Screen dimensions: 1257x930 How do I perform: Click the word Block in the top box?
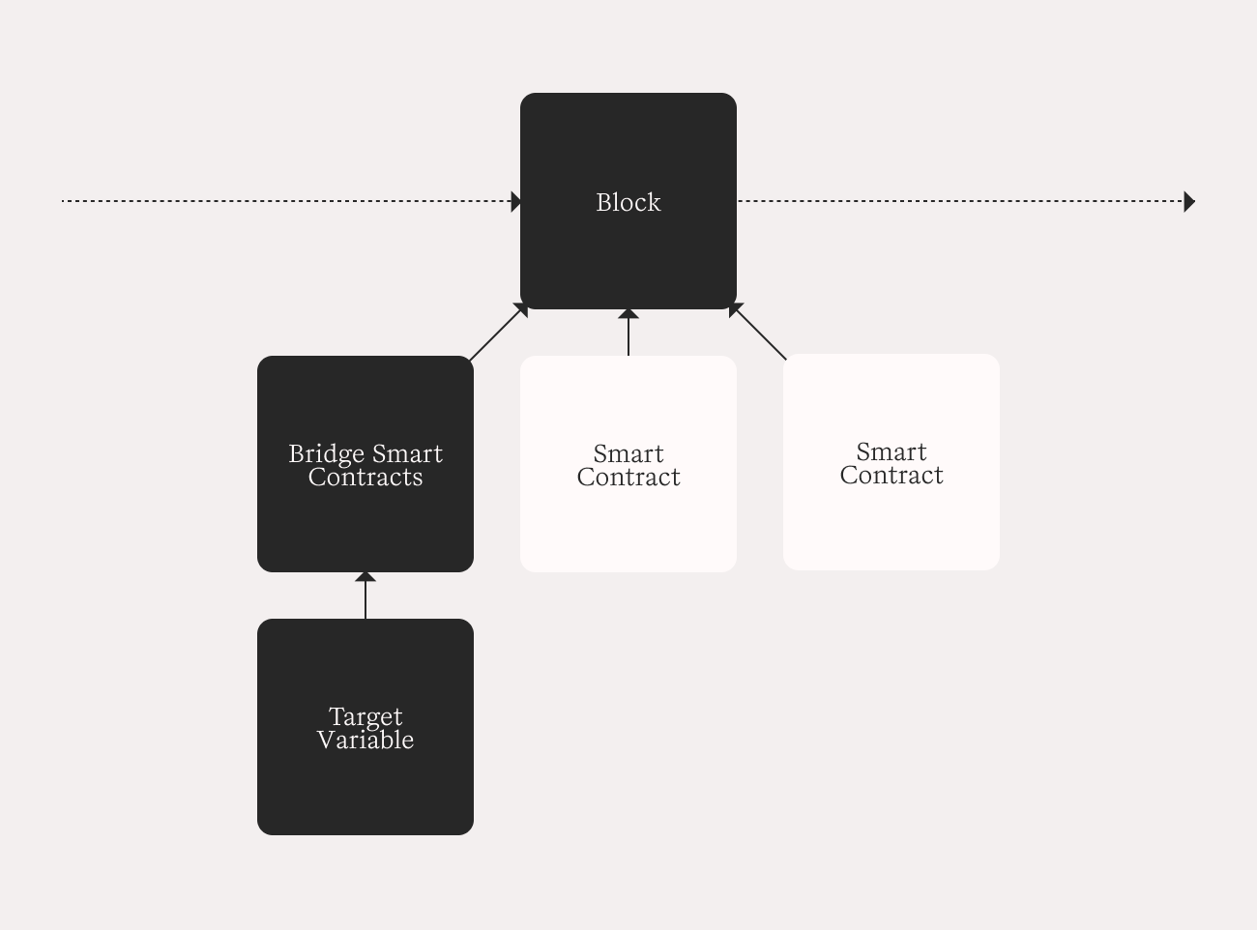tap(628, 202)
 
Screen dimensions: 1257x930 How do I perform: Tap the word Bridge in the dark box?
tap(327, 454)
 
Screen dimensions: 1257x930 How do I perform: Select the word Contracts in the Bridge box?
tap(365, 478)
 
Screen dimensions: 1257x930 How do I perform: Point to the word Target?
tap(365, 717)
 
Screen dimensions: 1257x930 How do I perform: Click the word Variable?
tap(365, 741)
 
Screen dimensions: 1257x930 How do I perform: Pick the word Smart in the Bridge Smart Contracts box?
tap(407, 454)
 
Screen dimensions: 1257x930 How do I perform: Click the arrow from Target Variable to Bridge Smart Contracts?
tap(365, 596)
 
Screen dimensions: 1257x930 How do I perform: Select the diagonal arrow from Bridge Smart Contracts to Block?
tap(499, 332)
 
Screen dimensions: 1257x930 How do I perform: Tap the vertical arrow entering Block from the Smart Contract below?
tap(628, 333)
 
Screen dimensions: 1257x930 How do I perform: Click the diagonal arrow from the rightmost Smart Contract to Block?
tap(758, 332)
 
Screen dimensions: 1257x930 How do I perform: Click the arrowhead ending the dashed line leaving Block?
tap(1189, 202)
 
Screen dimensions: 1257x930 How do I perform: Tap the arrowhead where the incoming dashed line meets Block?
tap(516, 202)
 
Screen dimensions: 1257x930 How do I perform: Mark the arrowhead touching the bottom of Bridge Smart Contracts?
tap(365, 577)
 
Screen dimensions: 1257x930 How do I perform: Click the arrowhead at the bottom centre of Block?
tap(628, 314)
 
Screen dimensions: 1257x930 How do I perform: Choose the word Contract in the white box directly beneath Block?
tap(628, 478)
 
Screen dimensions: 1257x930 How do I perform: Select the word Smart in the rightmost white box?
tap(892, 452)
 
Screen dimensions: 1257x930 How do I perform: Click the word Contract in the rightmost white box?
tap(892, 475)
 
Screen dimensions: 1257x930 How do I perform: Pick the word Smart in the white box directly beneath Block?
tap(628, 454)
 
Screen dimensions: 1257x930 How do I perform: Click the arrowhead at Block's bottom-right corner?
tap(735, 309)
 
